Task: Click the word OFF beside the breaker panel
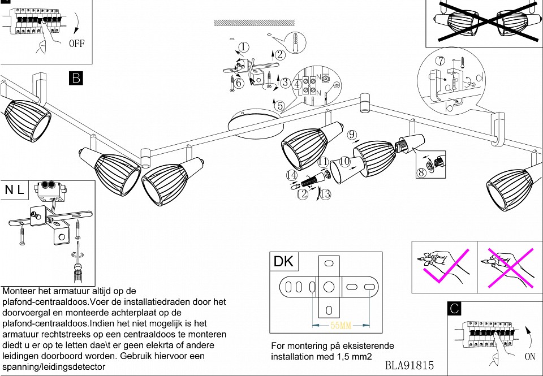point(76,44)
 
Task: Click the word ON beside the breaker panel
point(530,357)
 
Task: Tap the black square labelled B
point(76,78)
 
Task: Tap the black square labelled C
point(454,309)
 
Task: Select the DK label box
point(283,261)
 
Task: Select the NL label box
point(15,190)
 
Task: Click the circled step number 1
point(243,47)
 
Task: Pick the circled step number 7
point(440,61)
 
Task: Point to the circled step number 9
point(352,135)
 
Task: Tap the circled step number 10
point(344,162)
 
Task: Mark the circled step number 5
point(279,105)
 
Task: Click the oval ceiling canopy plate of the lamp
point(254,124)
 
